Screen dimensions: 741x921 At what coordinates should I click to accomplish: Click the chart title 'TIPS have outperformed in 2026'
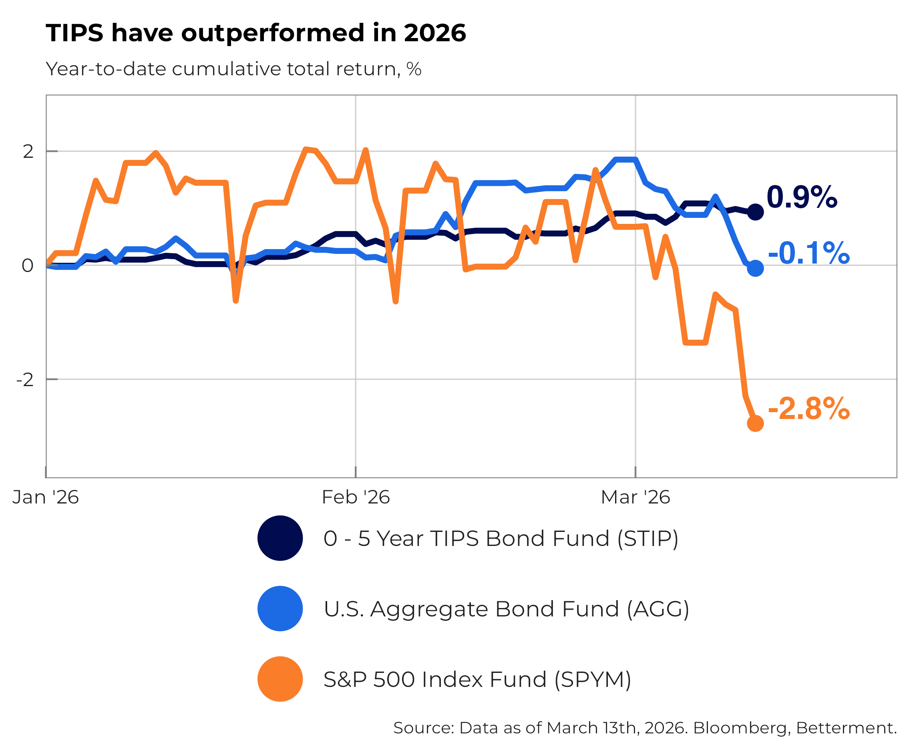(255, 33)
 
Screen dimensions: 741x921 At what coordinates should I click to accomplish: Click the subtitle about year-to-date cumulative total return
(233, 69)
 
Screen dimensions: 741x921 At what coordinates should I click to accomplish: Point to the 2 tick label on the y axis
(28, 151)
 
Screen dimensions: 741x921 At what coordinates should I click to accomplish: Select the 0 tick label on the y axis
(27, 266)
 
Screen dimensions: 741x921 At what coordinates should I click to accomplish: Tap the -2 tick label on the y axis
(25, 379)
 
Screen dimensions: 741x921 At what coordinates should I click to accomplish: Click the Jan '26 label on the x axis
(45, 497)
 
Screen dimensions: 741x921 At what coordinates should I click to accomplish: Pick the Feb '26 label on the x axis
(356, 497)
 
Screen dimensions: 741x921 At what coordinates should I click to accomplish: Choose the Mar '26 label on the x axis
(635, 497)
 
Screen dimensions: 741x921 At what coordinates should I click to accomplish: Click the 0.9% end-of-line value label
(802, 197)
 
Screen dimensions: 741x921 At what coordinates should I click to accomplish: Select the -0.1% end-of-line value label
(808, 254)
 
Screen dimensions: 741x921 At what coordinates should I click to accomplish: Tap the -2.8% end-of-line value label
(808, 409)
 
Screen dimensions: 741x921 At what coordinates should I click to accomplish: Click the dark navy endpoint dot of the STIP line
(755, 212)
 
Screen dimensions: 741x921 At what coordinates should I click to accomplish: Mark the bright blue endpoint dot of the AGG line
(755, 268)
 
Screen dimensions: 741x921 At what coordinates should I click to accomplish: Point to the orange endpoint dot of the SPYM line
(755, 423)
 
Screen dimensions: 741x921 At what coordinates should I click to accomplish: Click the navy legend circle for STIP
(280, 538)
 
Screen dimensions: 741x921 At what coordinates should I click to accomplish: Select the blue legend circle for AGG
(280, 609)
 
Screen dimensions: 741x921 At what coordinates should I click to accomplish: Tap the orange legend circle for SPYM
(280, 679)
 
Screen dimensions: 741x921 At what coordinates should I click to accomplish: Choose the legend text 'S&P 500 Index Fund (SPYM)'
(477, 679)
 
